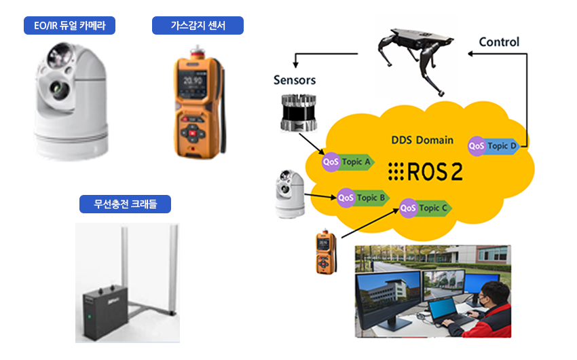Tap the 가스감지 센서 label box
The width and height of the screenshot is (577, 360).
(198, 26)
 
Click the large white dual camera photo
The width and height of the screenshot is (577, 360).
(71, 98)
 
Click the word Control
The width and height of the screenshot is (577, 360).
(499, 42)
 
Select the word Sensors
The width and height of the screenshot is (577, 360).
(295, 80)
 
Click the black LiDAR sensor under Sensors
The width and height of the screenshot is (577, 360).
(297, 113)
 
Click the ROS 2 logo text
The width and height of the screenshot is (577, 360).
(425, 173)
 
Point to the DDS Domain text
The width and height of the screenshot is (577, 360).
(422, 140)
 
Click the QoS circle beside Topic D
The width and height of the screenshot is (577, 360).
(477, 145)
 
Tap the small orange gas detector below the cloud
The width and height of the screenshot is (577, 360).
(324, 253)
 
